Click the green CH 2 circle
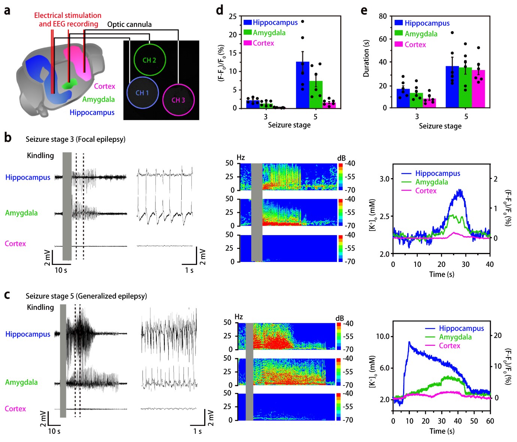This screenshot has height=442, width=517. (149, 60)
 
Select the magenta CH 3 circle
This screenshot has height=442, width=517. (178, 100)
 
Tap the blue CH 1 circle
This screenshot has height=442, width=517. (142, 93)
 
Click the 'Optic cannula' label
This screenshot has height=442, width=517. (129, 25)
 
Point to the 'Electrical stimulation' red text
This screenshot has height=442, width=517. (68, 15)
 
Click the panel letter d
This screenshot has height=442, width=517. (220, 10)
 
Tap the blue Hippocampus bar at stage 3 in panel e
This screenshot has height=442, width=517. (403, 98)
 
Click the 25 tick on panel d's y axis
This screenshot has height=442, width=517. (233, 16)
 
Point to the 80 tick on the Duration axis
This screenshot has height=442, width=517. (383, 16)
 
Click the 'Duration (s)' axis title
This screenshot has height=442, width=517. (366, 58)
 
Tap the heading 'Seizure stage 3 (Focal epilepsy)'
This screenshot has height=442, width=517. (75, 139)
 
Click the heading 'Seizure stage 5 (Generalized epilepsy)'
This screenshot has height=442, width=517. (86, 296)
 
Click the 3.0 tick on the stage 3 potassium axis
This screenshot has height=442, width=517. (384, 179)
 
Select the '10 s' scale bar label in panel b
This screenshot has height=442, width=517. (61, 270)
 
